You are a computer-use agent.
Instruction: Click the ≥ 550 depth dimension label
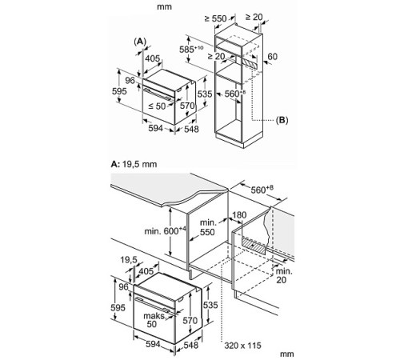[x=216, y=18]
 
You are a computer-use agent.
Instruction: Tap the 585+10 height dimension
[x=191, y=50]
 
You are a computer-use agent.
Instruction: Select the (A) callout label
[x=140, y=42]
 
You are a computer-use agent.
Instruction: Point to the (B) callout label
[x=282, y=120]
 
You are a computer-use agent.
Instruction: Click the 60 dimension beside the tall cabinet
[x=272, y=57]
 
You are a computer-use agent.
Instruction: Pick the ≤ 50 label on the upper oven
[x=157, y=106]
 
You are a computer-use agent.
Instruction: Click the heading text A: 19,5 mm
[x=134, y=164]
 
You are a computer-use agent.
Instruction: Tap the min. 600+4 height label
[x=165, y=230]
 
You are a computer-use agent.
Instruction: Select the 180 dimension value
[x=239, y=215]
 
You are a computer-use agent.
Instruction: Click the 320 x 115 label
[x=242, y=346]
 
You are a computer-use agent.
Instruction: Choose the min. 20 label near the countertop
[x=284, y=276]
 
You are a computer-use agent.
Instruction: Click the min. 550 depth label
[x=207, y=227]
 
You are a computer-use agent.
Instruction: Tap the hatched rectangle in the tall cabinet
[x=250, y=63]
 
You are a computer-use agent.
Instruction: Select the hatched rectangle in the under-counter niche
[x=254, y=246]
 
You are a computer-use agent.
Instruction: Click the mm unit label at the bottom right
[x=287, y=354]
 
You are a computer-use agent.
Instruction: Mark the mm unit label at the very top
[x=164, y=6]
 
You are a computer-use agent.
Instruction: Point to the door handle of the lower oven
[x=153, y=304]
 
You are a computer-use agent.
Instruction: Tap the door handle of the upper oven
[x=158, y=94]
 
